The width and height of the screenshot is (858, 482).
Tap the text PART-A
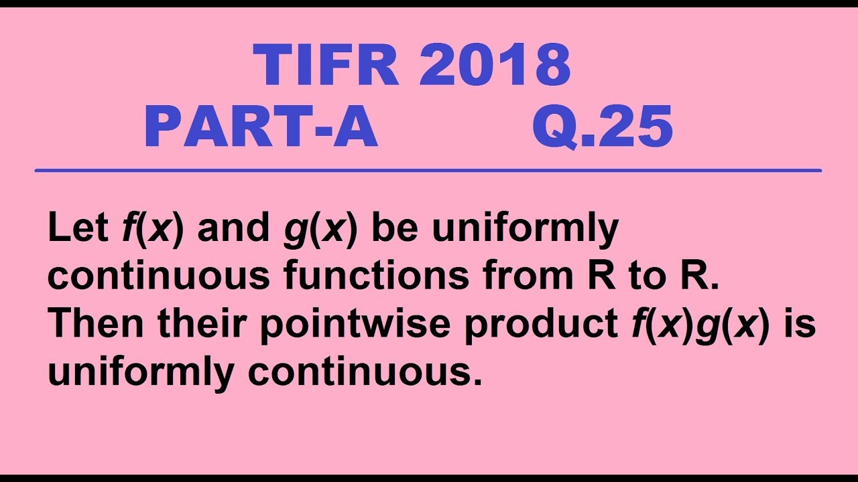(261, 128)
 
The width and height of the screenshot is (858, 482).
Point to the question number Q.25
(602, 128)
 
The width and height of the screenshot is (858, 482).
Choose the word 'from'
(528, 276)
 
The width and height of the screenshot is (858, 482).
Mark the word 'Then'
(97, 324)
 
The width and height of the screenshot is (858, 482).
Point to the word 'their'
(204, 324)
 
